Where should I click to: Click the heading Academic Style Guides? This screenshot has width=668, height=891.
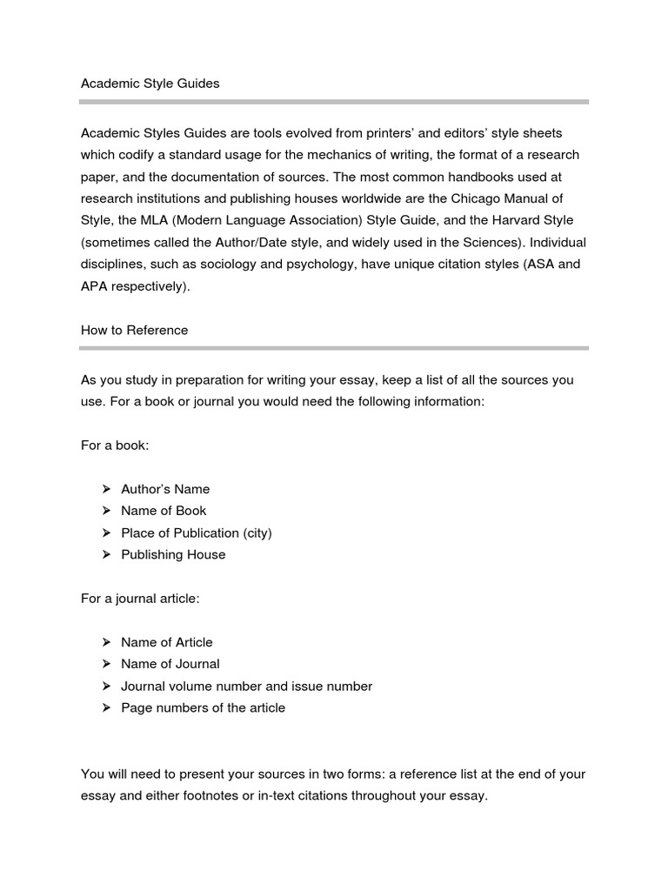click(150, 84)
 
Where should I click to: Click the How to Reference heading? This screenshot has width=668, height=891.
click(134, 331)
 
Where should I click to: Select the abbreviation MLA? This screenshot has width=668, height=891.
click(163, 221)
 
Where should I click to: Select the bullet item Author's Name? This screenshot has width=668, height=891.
click(165, 489)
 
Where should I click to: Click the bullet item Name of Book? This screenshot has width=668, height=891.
click(164, 511)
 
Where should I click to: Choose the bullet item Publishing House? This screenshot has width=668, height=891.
click(173, 554)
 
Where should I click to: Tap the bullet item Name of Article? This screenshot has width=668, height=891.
click(166, 642)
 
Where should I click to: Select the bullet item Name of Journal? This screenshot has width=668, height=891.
click(170, 664)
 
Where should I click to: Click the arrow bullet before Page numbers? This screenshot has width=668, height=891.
click(106, 708)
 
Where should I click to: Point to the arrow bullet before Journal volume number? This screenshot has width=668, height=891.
click(106, 687)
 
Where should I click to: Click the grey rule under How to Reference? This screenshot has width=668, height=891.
click(334, 348)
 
